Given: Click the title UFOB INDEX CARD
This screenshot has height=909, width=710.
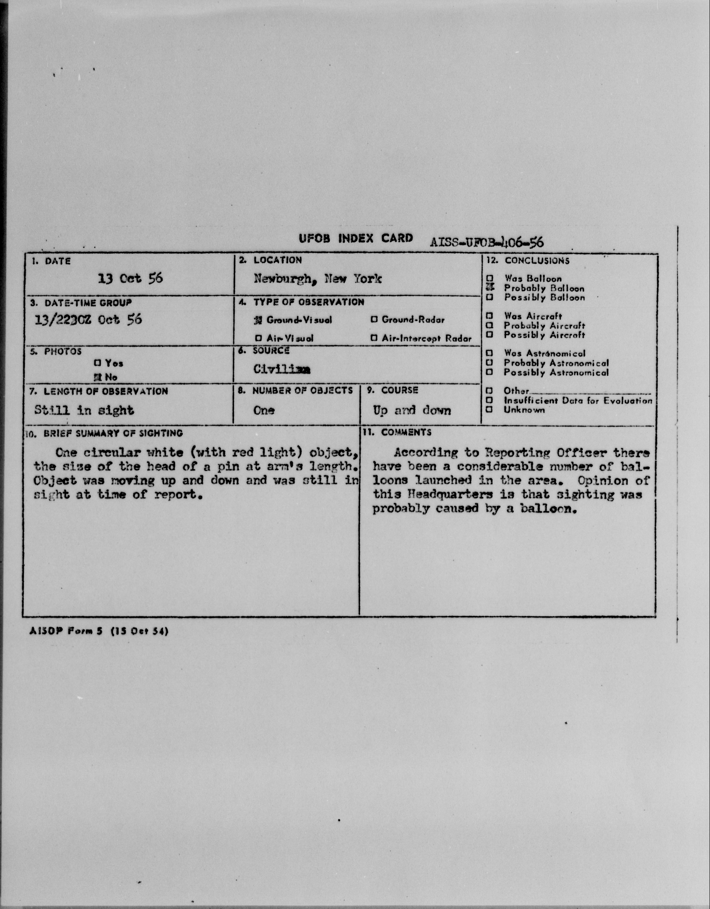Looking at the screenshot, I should tap(356, 238).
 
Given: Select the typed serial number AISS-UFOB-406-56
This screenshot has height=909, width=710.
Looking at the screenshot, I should tap(487, 242).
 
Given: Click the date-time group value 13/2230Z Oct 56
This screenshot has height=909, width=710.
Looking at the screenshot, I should tap(88, 320).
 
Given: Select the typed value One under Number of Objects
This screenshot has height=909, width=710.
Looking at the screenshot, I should tap(264, 410).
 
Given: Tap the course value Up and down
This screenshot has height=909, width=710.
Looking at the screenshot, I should tap(411, 410).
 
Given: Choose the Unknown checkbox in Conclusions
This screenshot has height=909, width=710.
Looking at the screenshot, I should tap(490, 410).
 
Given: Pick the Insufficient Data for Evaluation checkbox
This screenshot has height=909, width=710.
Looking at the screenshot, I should tap(490, 400).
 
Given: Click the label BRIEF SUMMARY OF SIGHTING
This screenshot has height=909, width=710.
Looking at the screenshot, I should tap(113, 433).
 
